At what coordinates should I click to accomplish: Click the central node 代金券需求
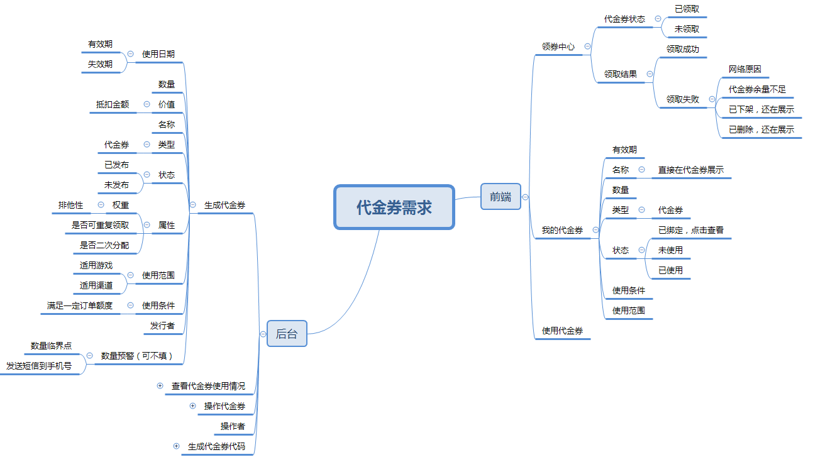point(394,207)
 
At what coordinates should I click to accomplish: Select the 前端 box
point(501,197)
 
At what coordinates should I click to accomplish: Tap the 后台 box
point(287,334)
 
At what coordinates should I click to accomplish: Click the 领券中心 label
point(558,47)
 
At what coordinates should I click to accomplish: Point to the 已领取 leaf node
point(687,9)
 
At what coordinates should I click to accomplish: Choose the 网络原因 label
point(745,69)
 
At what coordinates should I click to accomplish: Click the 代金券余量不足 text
point(757,89)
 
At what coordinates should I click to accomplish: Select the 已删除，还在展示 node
point(761,129)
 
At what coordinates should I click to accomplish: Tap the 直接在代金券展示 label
point(690,170)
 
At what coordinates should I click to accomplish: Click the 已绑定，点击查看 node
point(690,230)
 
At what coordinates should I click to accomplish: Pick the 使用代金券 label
point(562,331)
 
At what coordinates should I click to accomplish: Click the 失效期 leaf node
point(101,64)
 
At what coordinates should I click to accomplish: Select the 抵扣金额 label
point(113,104)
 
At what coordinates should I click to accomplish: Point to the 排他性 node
point(70,205)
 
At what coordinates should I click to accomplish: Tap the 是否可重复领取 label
point(101,225)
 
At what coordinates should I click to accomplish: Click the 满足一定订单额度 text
point(80,305)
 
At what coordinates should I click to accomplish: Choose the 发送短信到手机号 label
point(39,365)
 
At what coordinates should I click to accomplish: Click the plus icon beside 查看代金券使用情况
point(160,385)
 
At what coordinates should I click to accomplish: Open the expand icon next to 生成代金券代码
point(176,446)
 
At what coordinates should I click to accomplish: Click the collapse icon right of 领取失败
point(712,99)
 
